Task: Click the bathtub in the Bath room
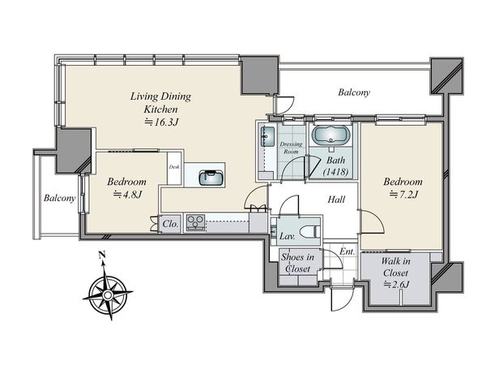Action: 330,135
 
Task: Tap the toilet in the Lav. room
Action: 310,231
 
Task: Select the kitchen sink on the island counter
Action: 211,178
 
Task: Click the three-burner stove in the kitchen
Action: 195,222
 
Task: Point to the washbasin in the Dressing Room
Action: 267,136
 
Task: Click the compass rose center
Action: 108,294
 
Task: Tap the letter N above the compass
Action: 102,255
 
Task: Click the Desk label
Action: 174,167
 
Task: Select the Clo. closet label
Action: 170,224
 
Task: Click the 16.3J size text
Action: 161,122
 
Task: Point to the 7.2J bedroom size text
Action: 403,195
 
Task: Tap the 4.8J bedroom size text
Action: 127,195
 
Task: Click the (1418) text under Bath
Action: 335,172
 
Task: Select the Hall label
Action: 336,200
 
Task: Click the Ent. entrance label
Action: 347,251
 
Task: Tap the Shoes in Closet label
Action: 297,263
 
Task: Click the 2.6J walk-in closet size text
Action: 397,285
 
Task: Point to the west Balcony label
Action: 59,198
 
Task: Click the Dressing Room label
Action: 291,148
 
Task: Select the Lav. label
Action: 288,237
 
